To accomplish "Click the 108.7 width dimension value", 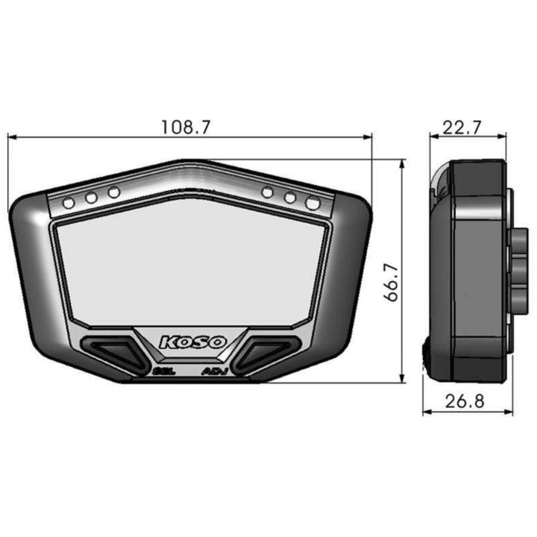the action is coord(185,127).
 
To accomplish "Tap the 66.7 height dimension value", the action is coord(391,283).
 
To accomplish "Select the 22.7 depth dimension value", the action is coord(462,128).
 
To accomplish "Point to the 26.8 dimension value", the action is coord(465,401).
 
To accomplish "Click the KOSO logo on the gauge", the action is coord(193,342).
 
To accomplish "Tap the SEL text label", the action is coord(165,371).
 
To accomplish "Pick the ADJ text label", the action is coord(215,371).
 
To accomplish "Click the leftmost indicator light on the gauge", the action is coord(69,203).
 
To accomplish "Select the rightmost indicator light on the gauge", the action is coord(313,203).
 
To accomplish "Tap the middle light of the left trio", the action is coord(92,198).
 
